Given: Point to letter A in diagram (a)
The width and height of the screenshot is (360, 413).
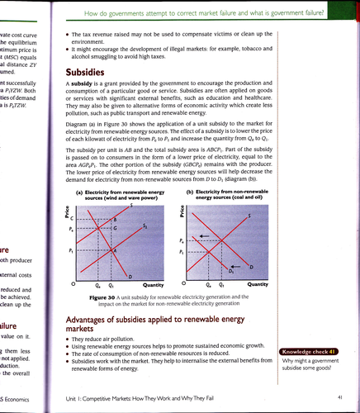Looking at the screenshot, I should pyautogui.click(x=115, y=249).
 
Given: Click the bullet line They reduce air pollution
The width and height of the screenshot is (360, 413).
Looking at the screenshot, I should pyautogui.click(x=111, y=340).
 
